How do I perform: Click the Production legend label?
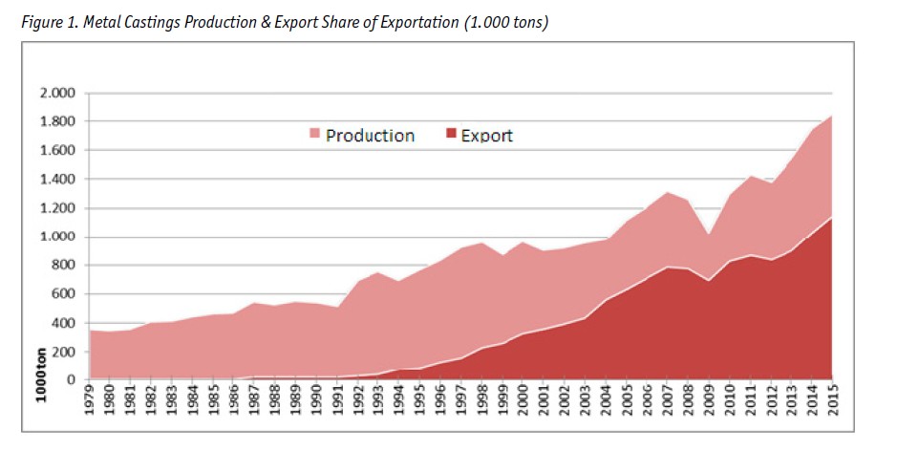[370, 136]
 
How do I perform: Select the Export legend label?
[486, 136]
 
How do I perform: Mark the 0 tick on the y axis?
[71, 380]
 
